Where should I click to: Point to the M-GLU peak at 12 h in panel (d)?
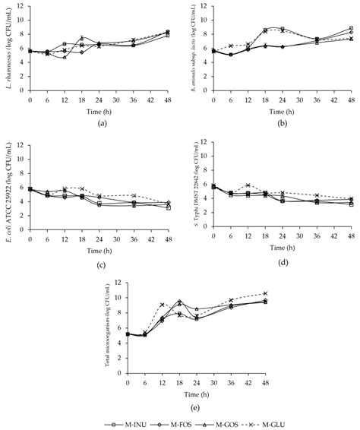248,185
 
